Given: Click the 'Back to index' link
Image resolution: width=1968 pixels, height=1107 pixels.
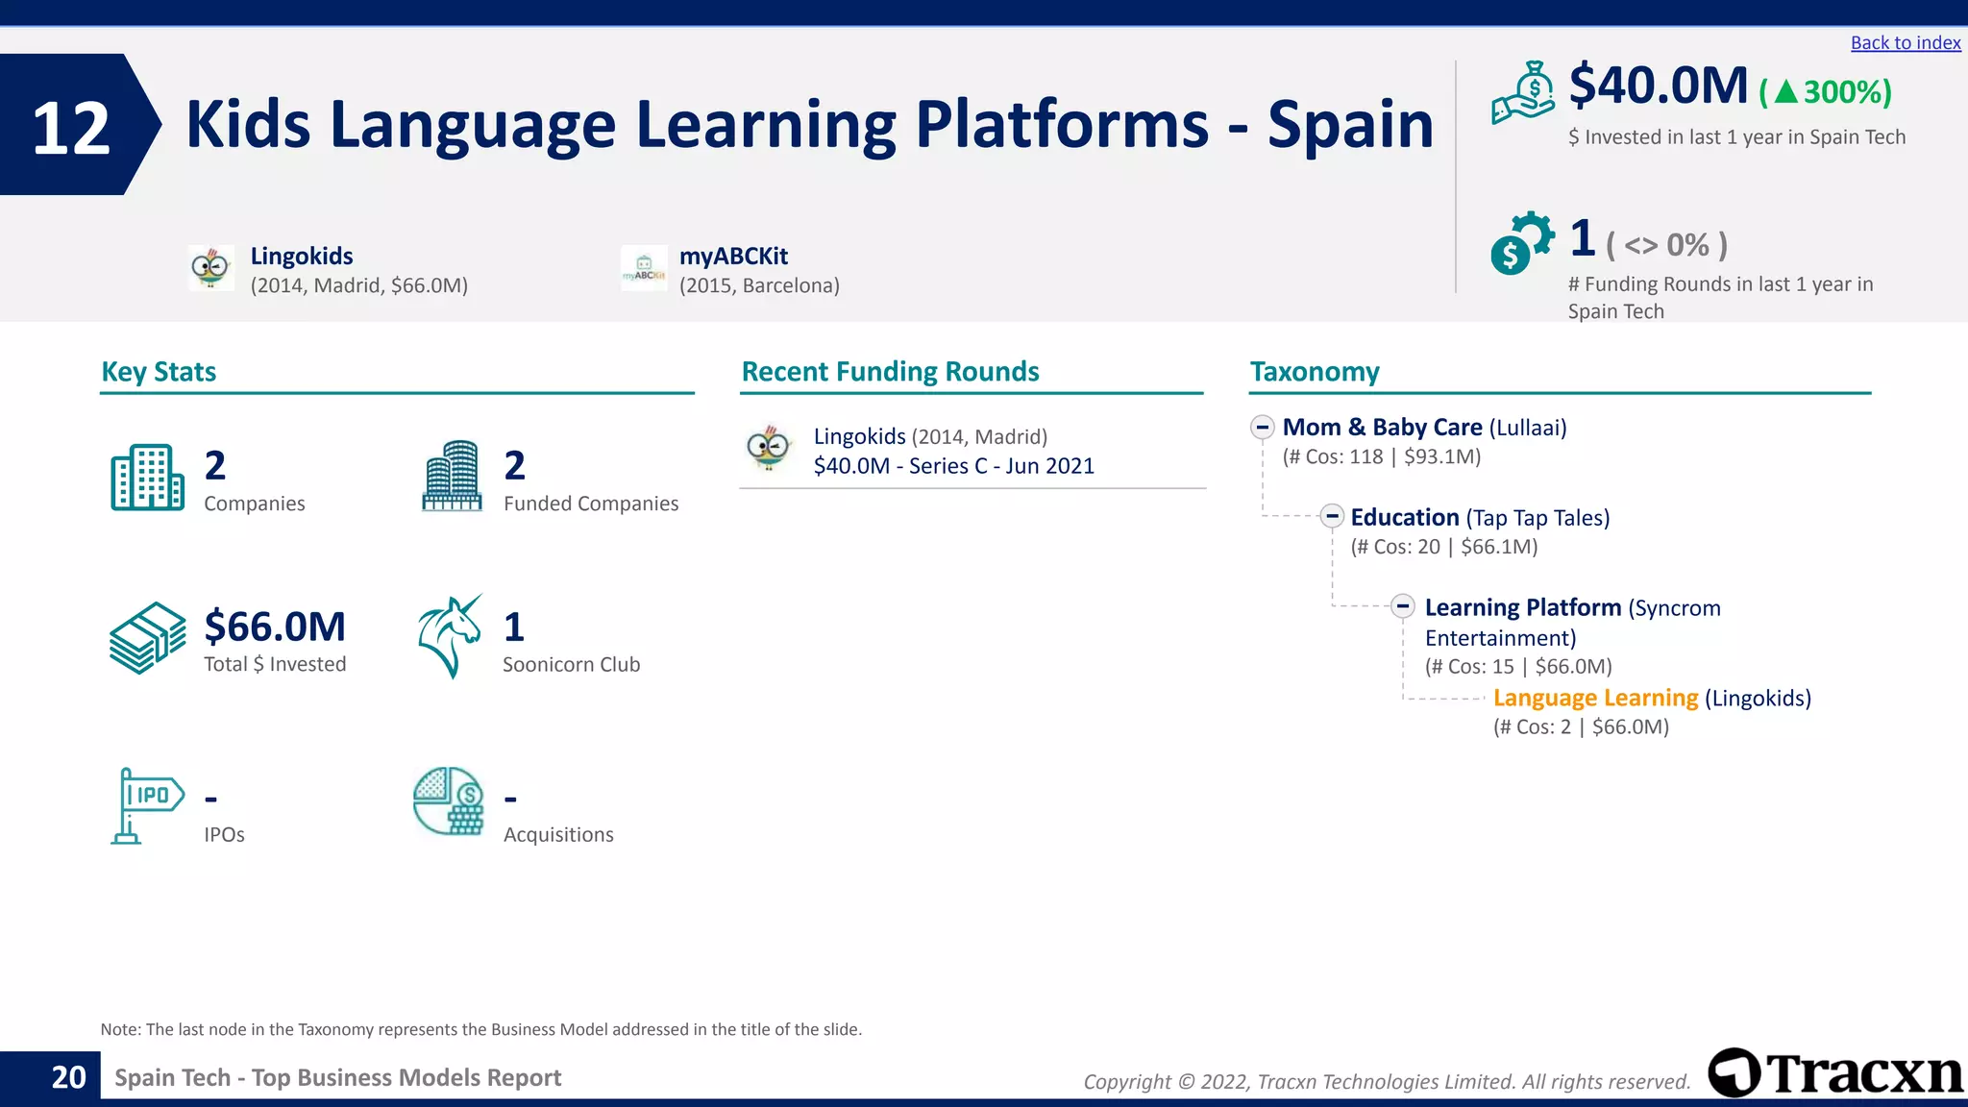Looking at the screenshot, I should (x=1905, y=43).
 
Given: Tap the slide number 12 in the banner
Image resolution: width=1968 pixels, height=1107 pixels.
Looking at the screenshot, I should (x=71, y=128).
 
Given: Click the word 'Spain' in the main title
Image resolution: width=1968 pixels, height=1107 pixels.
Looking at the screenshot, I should (x=1350, y=125).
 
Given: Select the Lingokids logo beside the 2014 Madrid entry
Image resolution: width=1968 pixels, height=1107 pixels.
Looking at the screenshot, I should (x=210, y=268).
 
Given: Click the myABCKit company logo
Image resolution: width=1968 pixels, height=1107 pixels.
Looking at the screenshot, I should (x=644, y=268).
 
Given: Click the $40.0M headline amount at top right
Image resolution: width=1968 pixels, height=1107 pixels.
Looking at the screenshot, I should (x=1658, y=86).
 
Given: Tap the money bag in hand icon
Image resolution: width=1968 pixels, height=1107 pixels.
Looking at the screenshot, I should (x=1523, y=92).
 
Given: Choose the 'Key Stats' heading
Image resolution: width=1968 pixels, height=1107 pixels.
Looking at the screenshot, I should (x=159, y=372).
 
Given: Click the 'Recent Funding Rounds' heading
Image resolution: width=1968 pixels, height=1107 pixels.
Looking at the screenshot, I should (x=890, y=372).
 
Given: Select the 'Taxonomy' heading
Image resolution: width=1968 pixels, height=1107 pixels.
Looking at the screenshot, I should (x=1314, y=372).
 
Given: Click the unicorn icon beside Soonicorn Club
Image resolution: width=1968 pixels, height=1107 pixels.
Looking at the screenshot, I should (x=450, y=636).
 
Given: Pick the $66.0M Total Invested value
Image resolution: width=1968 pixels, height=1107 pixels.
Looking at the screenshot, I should (x=275, y=627).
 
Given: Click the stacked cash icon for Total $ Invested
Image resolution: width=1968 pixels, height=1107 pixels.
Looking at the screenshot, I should (x=147, y=638).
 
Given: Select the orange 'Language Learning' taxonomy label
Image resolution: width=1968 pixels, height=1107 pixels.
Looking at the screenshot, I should (x=1595, y=698).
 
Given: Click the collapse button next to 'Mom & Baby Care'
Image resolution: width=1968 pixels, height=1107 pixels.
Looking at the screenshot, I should (x=1263, y=427).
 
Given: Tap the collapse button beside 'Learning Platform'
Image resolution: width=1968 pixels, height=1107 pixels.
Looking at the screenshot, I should (x=1403, y=606).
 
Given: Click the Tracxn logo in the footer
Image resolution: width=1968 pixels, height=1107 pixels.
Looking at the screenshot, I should (x=1835, y=1072).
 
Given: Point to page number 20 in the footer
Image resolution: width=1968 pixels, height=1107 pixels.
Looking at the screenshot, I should (x=68, y=1077).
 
